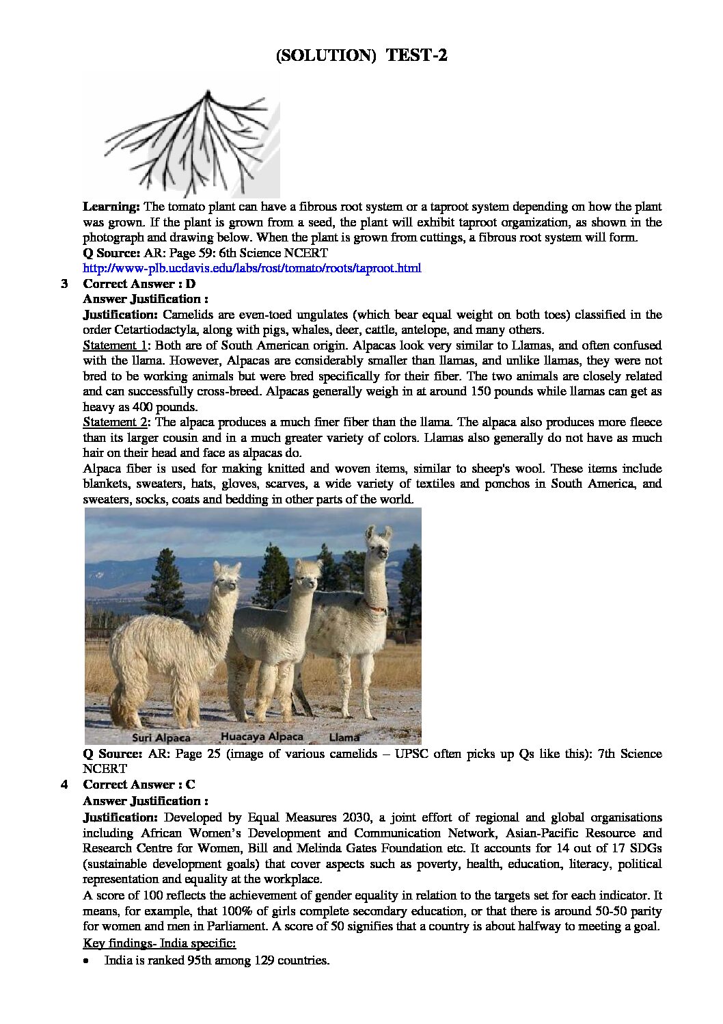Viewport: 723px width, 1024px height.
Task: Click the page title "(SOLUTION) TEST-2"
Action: coord(361,55)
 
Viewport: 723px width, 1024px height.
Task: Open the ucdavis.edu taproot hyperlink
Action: coord(251,268)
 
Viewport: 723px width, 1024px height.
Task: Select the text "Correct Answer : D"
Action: coord(139,284)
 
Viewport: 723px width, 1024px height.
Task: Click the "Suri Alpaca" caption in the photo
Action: coord(161,738)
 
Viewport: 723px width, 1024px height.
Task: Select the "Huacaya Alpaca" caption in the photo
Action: coord(262,737)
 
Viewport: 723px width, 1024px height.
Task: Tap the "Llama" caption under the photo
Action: coord(344,737)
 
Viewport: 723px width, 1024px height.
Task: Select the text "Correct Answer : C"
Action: coord(139,785)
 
